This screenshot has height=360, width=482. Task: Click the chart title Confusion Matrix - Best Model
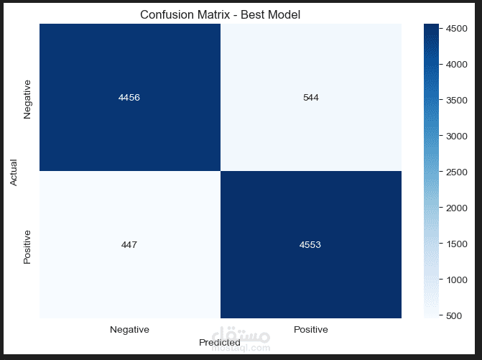(220, 14)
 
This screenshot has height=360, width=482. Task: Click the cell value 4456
(129, 98)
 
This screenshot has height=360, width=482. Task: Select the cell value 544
(310, 98)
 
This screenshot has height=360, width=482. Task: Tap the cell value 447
(129, 244)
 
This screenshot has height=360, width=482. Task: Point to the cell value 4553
(310, 244)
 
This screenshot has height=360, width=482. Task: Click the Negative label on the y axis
(28, 98)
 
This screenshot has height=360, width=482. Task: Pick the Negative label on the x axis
(129, 330)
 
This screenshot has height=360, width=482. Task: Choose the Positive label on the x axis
(310, 330)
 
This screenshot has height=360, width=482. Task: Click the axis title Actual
(14, 171)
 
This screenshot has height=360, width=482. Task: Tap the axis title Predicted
(220, 343)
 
